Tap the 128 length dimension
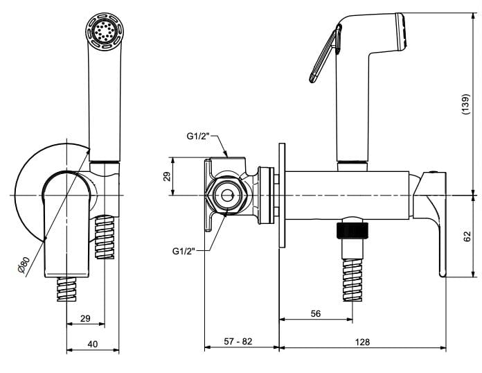pyautogui.click(x=362, y=342)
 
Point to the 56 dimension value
pyautogui.click(x=315, y=313)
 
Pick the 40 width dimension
pyautogui.click(x=92, y=344)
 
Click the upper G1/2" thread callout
pyautogui.click(x=199, y=137)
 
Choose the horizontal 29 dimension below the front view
pyautogui.click(x=85, y=318)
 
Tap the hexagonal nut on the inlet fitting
pyautogui.click(x=226, y=196)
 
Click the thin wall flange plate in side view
pyautogui.click(x=282, y=196)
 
